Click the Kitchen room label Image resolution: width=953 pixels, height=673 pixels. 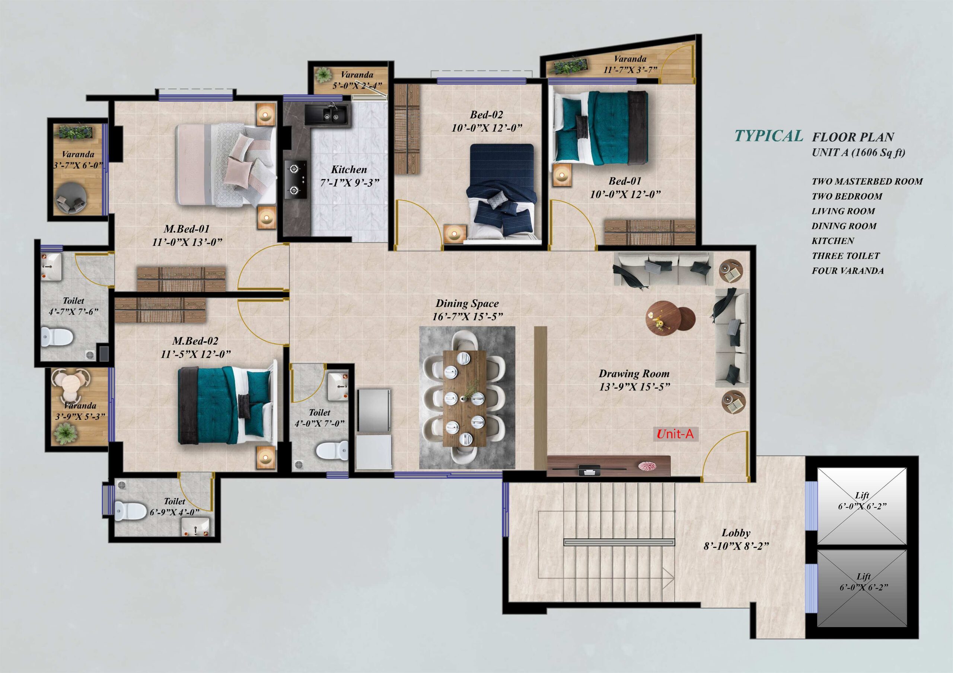tap(349, 170)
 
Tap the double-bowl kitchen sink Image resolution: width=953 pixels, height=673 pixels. tap(326, 114)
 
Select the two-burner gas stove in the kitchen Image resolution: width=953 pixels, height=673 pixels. tap(296, 180)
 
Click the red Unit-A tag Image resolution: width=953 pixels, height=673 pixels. tap(676, 434)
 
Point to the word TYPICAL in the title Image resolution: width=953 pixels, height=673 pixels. tap(769, 136)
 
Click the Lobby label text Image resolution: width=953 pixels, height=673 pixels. tap(736, 533)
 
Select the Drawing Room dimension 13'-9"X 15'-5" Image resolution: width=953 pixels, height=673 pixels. tap(634, 387)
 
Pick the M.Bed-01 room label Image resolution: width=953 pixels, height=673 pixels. tap(187, 228)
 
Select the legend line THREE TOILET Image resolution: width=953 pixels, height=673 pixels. tap(846, 256)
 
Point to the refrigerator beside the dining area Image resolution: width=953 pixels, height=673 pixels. tap(374, 411)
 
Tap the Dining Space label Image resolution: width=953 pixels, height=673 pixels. tap(467, 303)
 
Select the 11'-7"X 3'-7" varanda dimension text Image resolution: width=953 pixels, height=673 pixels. tap(630, 70)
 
